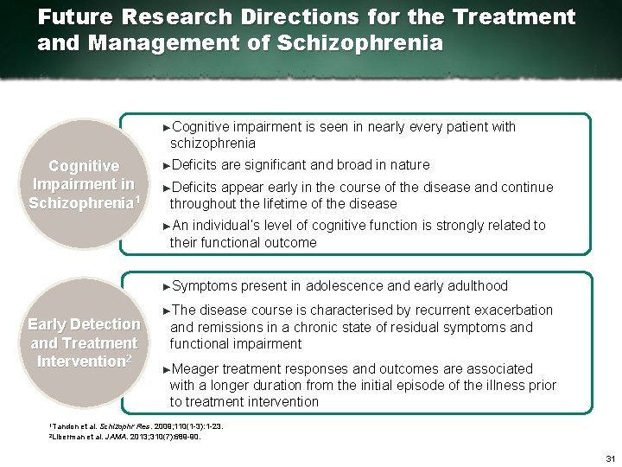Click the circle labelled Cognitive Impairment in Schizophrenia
point(84,184)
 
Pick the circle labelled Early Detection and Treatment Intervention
point(84,342)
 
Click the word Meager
point(196,368)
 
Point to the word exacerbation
point(509,310)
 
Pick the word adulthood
point(474,286)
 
